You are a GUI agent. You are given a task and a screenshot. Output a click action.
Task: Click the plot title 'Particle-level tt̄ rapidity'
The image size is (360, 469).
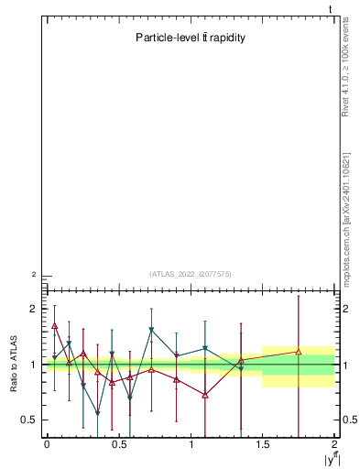190,38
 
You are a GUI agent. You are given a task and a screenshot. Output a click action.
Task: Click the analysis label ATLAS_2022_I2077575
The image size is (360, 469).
191,273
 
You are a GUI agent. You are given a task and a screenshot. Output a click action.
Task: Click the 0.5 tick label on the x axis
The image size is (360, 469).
118,444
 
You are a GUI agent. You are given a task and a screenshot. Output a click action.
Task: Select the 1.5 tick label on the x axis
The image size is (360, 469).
263,444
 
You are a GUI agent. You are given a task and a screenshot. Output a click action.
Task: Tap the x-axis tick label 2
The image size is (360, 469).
335,444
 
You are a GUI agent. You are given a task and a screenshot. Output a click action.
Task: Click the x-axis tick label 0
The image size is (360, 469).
47,444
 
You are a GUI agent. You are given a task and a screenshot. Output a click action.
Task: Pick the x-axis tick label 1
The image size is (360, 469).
191,444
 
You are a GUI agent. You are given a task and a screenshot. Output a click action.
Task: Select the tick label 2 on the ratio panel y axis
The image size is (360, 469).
34,309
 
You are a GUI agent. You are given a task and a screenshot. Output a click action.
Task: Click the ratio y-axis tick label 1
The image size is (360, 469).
34,365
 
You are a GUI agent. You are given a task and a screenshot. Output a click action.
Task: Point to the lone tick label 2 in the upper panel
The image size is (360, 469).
34,275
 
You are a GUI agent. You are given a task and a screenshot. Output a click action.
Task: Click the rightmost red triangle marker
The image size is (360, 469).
299,351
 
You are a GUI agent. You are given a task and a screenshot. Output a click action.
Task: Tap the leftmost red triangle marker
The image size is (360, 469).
55,325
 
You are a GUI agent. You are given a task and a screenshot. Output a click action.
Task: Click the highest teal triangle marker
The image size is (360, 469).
151,330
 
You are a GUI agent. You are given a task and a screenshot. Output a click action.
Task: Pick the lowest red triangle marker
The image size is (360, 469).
205,395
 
